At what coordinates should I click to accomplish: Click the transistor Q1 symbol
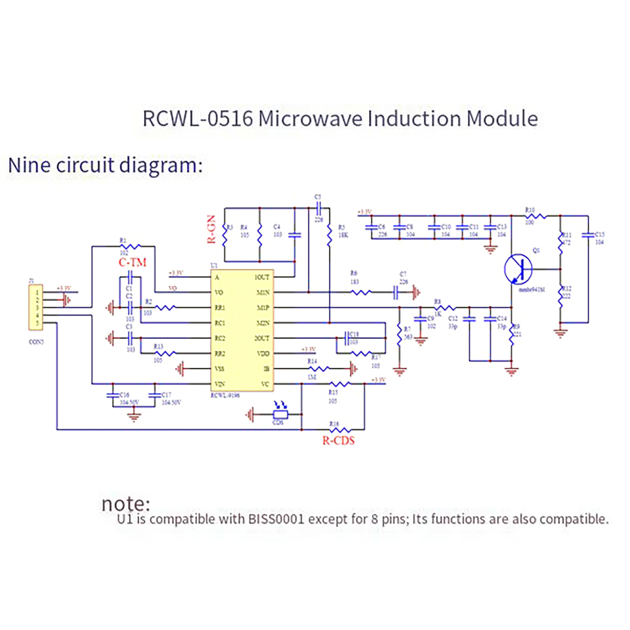click(x=518, y=269)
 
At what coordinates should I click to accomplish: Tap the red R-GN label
click(x=211, y=229)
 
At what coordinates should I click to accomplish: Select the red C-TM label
click(x=132, y=262)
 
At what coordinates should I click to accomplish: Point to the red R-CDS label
click(x=338, y=441)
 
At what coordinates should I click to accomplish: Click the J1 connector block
click(x=36, y=308)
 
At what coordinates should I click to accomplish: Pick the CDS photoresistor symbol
click(x=280, y=414)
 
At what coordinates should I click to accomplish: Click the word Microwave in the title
click(x=310, y=119)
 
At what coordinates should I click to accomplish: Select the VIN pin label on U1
click(x=219, y=384)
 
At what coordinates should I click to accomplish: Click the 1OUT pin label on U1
click(x=262, y=277)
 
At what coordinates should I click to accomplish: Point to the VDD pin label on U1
click(x=263, y=354)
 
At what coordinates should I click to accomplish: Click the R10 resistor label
click(x=530, y=210)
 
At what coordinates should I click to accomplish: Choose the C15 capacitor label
click(x=600, y=234)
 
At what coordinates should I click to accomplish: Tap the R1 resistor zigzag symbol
click(x=130, y=247)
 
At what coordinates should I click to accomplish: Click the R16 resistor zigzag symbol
click(x=339, y=430)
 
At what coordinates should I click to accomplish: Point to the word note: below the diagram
click(x=126, y=504)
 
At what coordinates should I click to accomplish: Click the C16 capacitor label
click(x=124, y=395)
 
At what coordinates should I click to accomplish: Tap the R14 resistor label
click(x=312, y=361)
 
